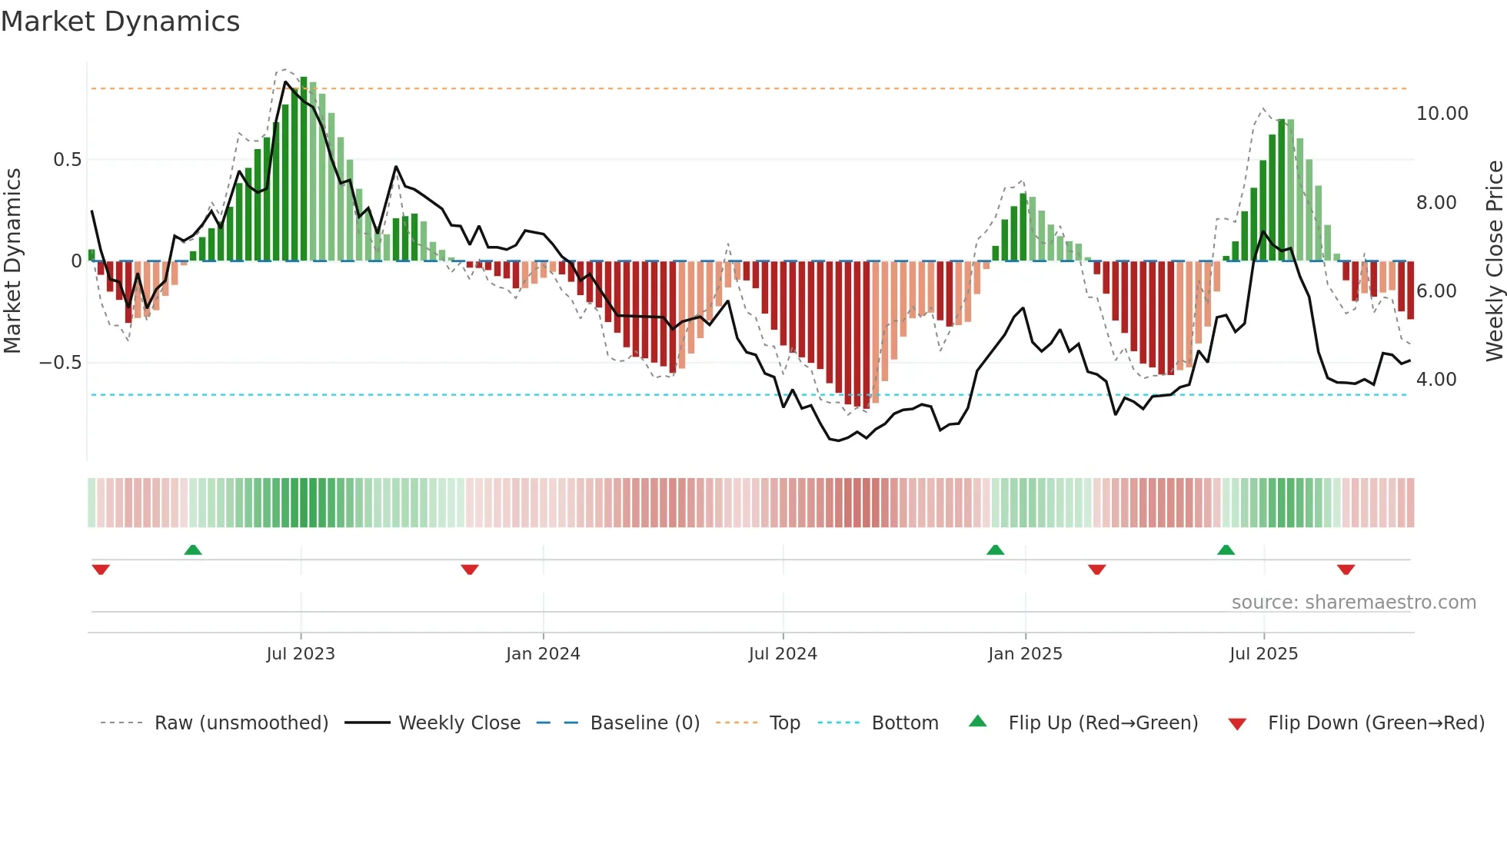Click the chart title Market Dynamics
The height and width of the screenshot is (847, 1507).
click(x=121, y=22)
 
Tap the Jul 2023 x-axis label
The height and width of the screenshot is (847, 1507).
click(x=301, y=654)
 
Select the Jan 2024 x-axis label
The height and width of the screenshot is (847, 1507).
click(x=543, y=654)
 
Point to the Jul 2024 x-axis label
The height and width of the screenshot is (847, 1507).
click(x=783, y=654)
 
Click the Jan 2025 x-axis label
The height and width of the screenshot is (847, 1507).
click(x=1025, y=654)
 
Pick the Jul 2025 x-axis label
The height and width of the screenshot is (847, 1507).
click(x=1263, y=654)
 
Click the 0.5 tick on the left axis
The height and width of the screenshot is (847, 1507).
click(x=67, y=160)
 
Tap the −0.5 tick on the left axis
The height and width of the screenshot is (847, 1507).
click(x=60, y=363)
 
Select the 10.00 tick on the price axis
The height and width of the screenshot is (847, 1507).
click(x=1442, y=114)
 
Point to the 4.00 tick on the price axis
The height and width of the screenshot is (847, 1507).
click(x=1435, y=380)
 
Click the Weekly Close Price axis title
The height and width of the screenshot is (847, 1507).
click(x=1494, y=261)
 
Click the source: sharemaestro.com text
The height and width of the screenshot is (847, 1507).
click(x=1353, y=603)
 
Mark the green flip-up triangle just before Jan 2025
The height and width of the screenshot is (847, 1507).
click(x=995, y=550)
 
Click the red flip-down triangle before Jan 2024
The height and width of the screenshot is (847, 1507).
click(x=470, y=570)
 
